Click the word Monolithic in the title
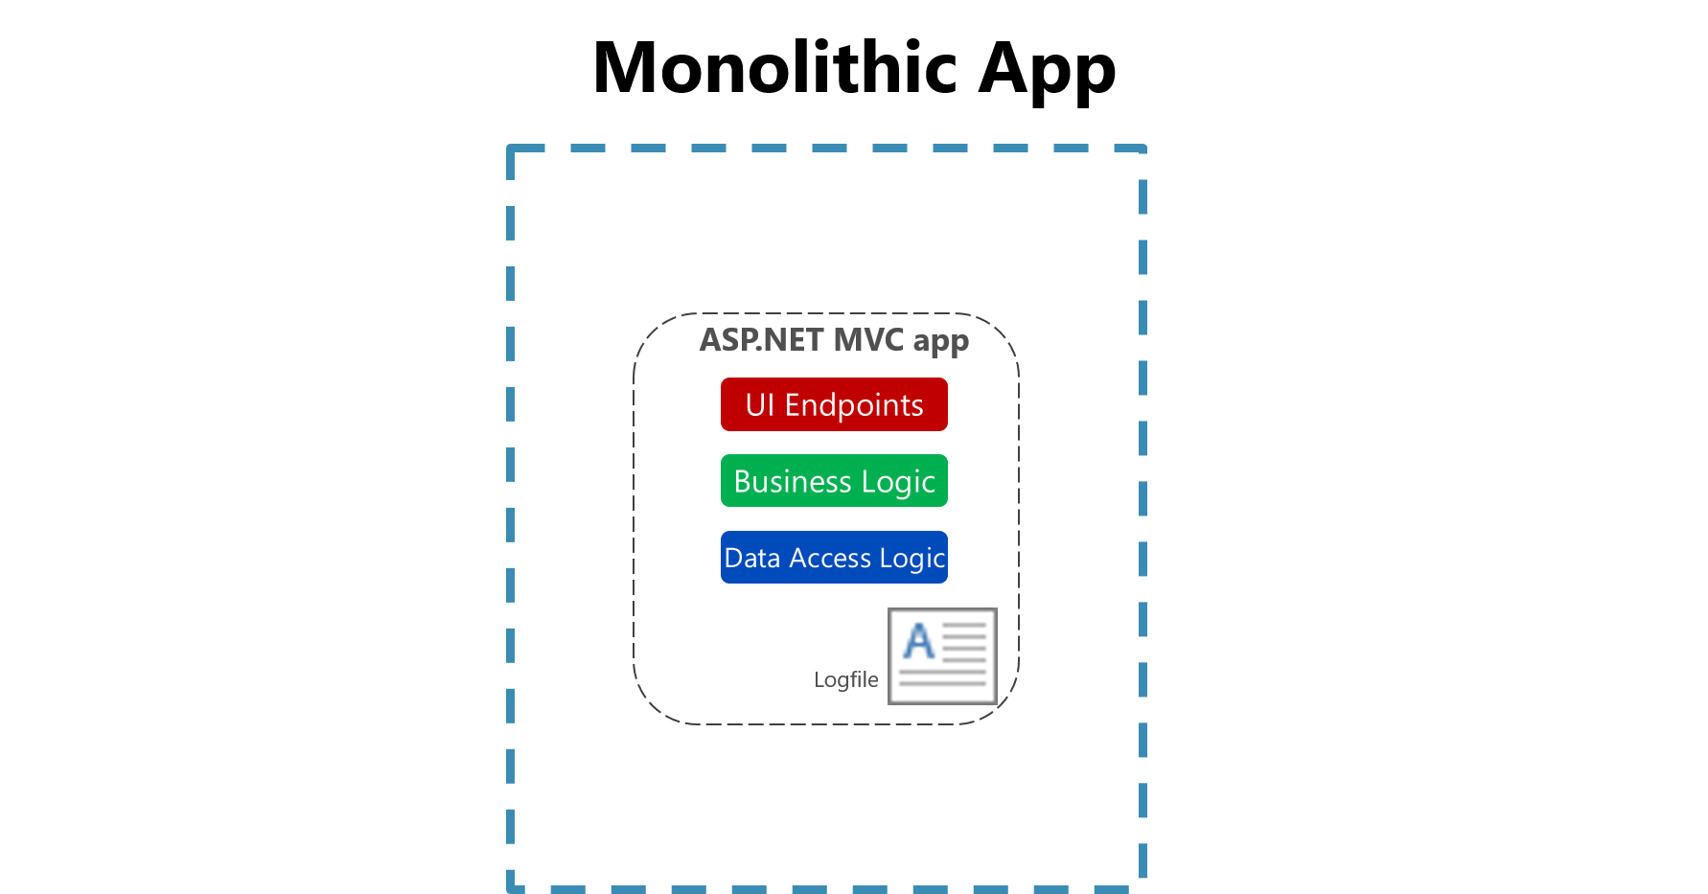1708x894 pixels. point(774,68)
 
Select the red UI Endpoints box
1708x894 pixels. point(834,404)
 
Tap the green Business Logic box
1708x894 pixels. point(834,481)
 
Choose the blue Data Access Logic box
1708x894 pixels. point(834,558)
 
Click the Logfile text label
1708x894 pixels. point(845,679)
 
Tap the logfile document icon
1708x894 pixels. point(942,656)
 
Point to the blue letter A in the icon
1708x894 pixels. point(919,641)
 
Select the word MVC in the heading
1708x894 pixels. point(868,340)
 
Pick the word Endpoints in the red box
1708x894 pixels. point(854,405)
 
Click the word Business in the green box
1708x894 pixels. point(793,481)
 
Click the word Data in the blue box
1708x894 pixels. point(752,558)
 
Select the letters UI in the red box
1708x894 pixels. point(759,405)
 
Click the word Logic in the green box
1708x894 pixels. point(898,482)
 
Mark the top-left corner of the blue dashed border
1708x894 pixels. point(511,149)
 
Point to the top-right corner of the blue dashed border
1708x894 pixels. point(1143,149)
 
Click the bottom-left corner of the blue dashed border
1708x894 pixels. point(511,888)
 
